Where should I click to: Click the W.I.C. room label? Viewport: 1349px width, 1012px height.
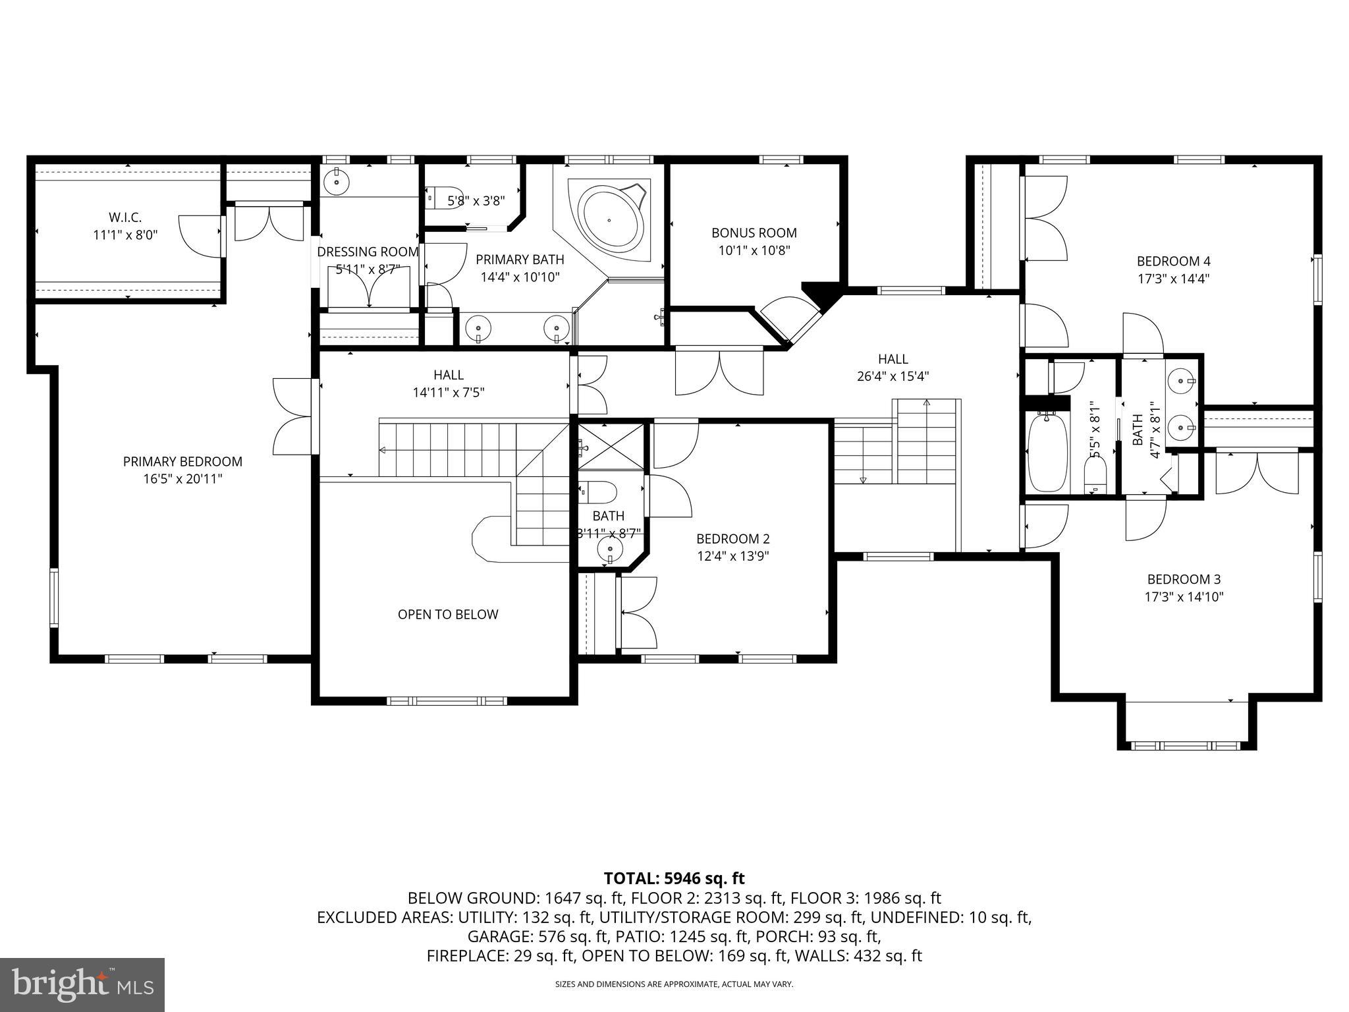[x=125, y=217]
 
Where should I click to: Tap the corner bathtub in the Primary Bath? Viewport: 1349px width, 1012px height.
[x=609, y=218]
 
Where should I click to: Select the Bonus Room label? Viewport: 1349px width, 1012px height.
[x=754, y=233]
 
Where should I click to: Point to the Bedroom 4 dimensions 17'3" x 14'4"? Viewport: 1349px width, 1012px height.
[x=1173, y=279]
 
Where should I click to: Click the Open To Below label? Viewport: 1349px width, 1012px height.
[x=448, y=614]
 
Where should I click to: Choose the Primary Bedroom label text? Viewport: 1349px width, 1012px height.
[x=182, y=461]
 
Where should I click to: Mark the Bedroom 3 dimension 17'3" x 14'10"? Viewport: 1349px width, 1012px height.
[x=1184, y=597]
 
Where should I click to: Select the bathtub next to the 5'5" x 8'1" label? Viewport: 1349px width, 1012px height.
[x=1047, y=452]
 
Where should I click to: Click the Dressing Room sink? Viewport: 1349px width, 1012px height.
[x=337, y=179]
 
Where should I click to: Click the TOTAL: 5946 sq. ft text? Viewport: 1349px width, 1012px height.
[x=674, y=878]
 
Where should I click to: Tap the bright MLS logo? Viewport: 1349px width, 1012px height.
[x=82, y=985]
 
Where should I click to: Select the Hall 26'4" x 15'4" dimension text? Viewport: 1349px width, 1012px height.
[x=893, y=377]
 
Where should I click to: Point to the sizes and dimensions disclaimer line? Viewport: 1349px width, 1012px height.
[x=674, y=984]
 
